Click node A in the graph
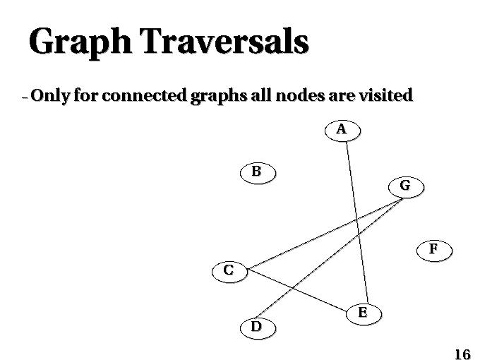(x=342, y=131)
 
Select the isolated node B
(x=258, y=173)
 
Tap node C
(x=229, y=272)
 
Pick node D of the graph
(x=258, y=328)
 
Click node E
(x=364, y=314)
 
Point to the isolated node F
(x=434, y=251)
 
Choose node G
(x=406, y=187)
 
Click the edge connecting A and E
(x=357, y=223)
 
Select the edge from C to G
(x=325, y=234)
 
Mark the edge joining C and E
(x=298, y=290)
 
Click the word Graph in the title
(x=80, y=42)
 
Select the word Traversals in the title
(x=224, y=41)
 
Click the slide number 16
(x=462, y=354)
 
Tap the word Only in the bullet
(x=50, y=96)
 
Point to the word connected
(x=144, y=95)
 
